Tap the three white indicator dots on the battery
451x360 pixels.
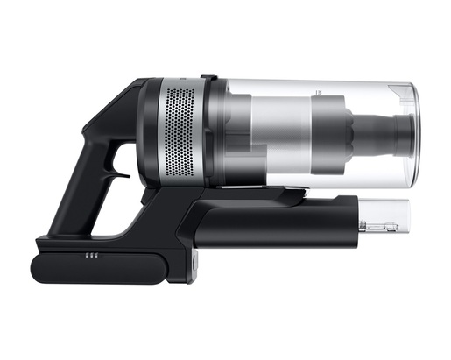coord(90,258)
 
